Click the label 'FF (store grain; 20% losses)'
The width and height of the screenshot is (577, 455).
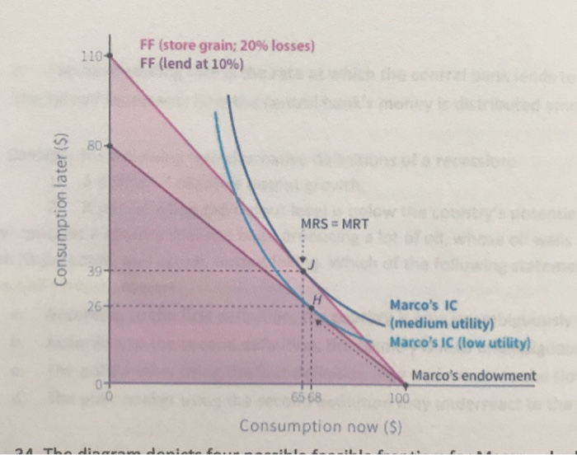coord(228,47)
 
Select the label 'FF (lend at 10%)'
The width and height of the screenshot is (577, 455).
coord(192,65)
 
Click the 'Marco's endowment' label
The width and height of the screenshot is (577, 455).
coord(473,377)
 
